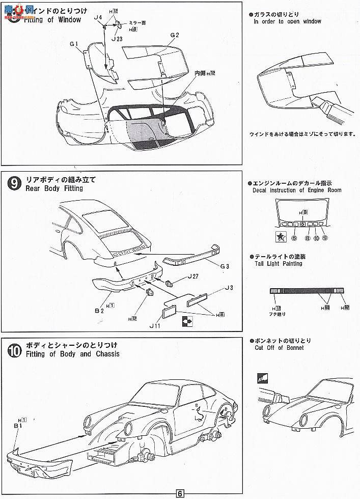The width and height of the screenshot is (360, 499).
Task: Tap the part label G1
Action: point(73,44)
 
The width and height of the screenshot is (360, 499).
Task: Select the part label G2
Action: point(175,35)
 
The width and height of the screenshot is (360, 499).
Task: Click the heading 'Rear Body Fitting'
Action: point(53,188)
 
